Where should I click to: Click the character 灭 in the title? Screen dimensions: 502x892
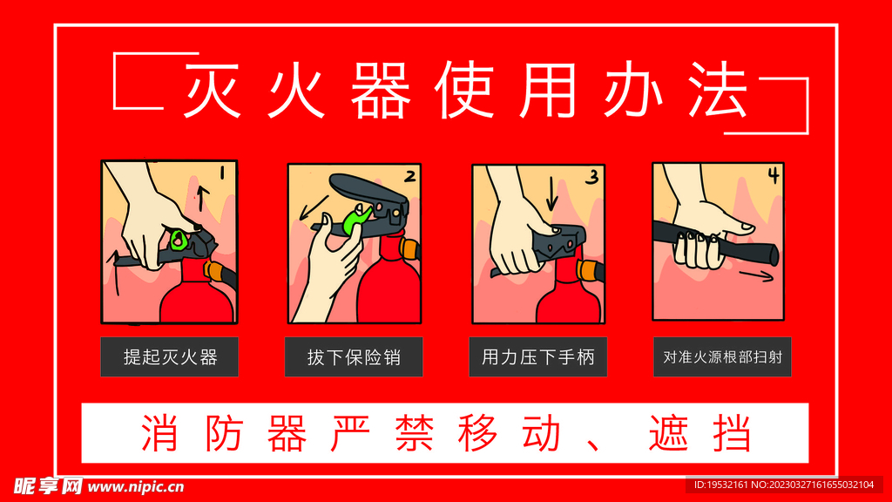[210, 91]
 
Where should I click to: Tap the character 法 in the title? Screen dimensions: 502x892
[719, 91]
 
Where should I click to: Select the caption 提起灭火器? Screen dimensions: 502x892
[169, 356]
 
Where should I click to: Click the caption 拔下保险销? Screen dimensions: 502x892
[353, 356]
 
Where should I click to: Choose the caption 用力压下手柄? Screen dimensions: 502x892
[537, 356]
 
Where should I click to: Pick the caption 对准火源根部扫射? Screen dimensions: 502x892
[722, 356]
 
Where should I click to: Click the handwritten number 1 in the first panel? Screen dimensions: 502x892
[222, 173]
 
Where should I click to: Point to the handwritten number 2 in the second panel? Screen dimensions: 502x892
[409, 176]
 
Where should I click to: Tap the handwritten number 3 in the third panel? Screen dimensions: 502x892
[591, 177]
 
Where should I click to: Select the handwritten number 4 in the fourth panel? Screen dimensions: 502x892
[772, 174]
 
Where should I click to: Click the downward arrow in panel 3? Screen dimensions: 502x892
[551, 197]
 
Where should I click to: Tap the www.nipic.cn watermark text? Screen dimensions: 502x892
[135, 486]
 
